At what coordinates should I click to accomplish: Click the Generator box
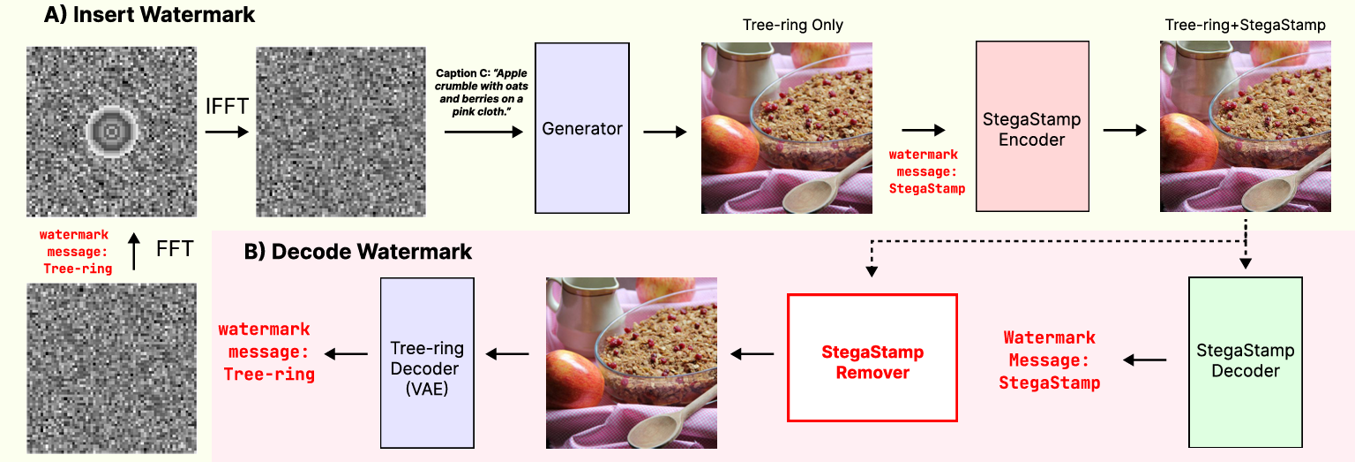[582, 128]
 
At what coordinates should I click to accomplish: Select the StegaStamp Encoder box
[1031, 128]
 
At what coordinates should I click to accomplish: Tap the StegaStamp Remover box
[872, 358]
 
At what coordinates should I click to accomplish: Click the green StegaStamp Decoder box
[1245, 360]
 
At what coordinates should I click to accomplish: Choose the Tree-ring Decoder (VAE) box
[427, 362]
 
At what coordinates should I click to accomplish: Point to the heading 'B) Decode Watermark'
[358, 252]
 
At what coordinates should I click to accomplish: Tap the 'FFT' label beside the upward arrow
[174, 251]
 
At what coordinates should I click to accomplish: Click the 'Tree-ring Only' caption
[786, 26]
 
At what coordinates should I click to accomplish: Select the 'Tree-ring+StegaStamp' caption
[1245, 26]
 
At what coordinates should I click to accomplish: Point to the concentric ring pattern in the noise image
[111, 131]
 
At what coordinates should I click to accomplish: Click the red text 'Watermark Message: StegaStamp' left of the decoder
[1049, 360]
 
